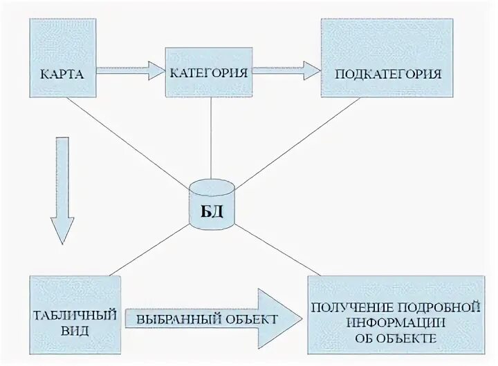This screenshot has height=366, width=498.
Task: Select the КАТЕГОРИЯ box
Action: click(208, 72)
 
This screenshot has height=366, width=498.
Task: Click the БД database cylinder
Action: click(212, 204)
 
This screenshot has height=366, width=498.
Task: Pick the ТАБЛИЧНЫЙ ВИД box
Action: click(75, 315)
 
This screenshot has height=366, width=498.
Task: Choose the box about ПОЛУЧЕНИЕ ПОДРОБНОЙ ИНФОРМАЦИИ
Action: click(395, 315)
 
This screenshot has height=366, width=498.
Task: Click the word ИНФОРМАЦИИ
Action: click(395, 322)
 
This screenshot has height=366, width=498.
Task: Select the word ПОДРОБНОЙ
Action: click(443, 305)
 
